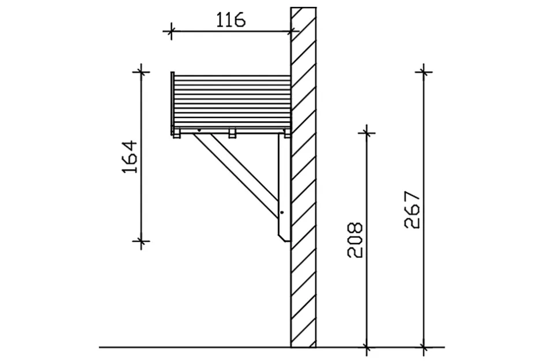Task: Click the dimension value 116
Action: point(231,20)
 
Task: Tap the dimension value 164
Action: point(131,157)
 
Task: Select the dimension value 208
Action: point(355,240)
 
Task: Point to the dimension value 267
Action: point(412,210)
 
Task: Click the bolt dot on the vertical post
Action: point(282,212)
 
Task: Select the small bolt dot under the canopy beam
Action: point(199,130)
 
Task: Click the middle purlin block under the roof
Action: point(232,133)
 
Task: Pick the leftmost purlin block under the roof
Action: point(177,133)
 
